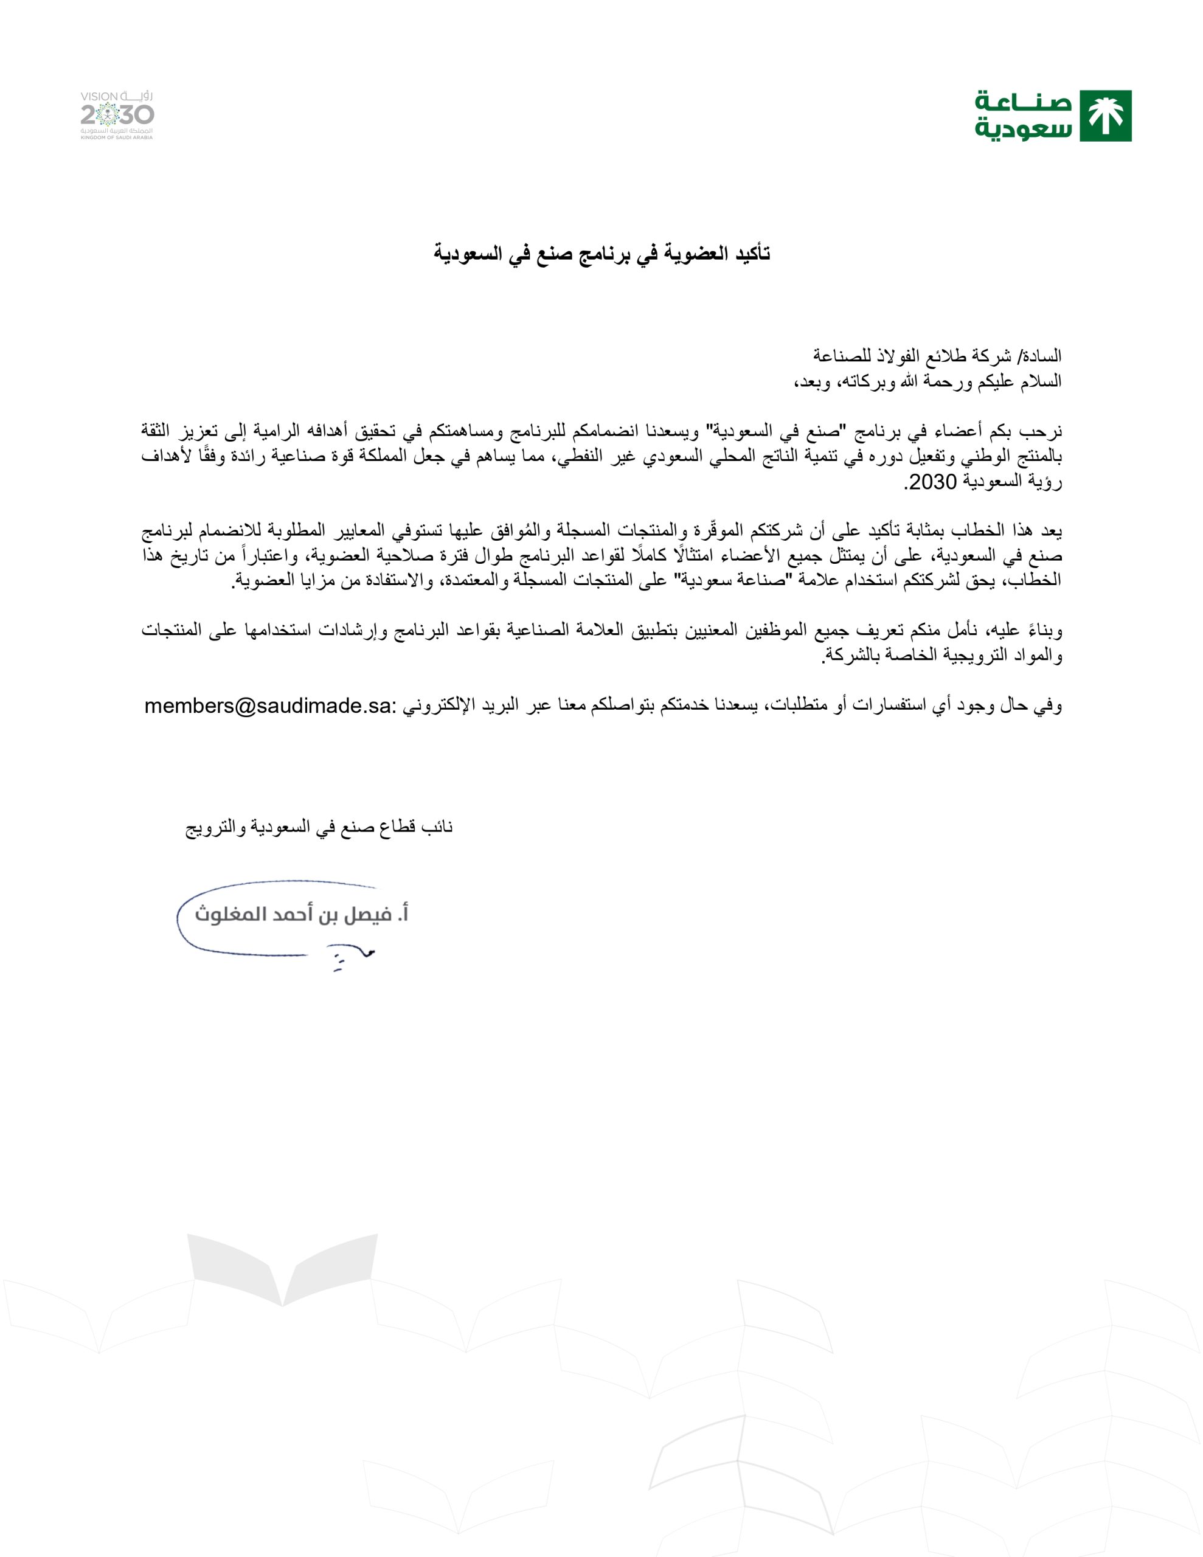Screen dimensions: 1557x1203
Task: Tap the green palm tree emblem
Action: point(1105,116)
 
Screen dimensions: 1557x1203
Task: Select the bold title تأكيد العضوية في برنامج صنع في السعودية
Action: point(603,254)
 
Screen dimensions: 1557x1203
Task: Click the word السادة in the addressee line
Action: point(1043,355)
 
